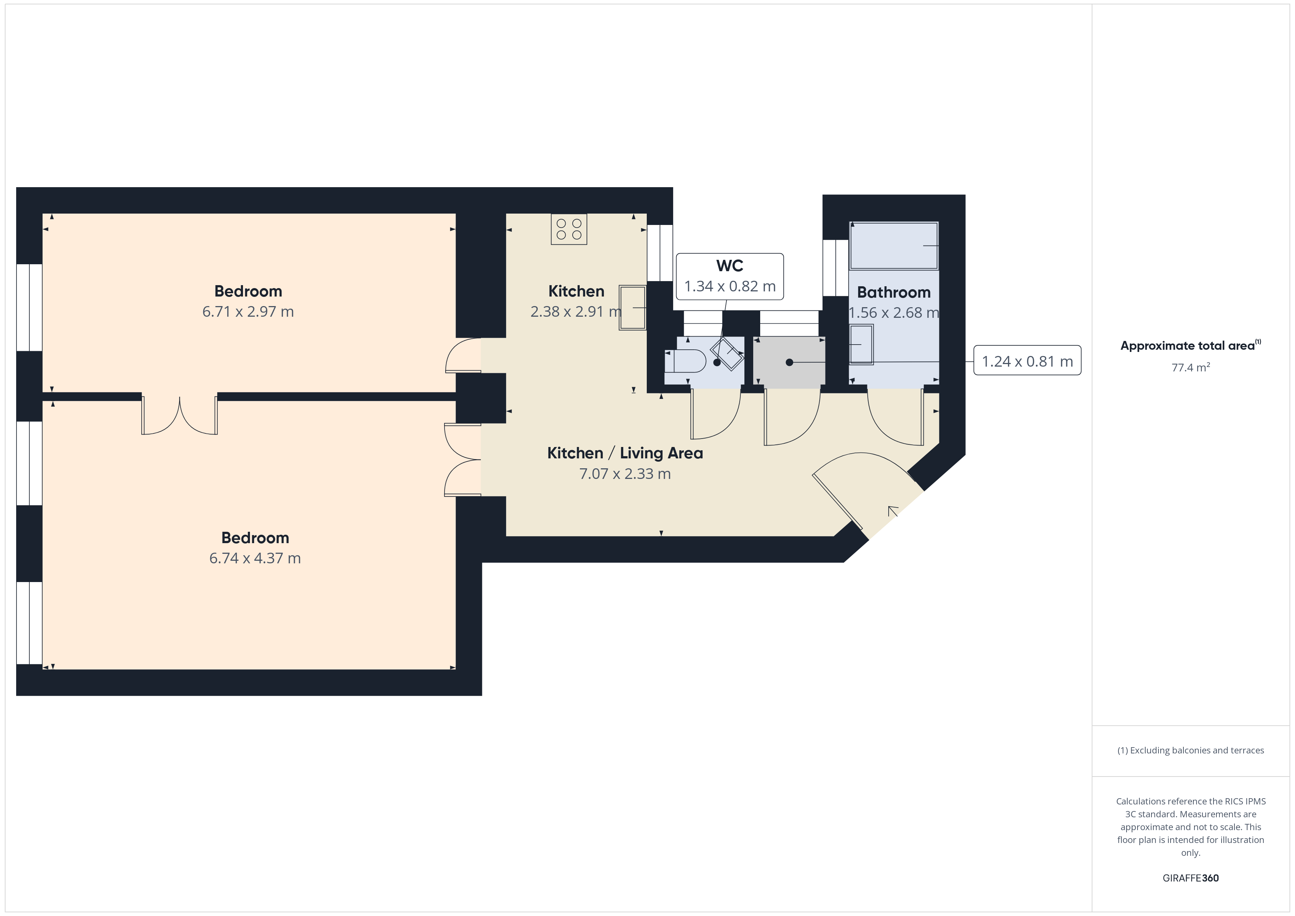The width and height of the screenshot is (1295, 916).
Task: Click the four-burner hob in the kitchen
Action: click(x=569, y=229)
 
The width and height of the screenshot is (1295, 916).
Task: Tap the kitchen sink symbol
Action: click(x=632, y=308)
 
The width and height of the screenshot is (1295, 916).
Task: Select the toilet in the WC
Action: click(x=685, y=361)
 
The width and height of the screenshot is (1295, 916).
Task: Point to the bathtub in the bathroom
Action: click(x=894, y=246)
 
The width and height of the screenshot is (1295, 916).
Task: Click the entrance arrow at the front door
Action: click(x=893, y=512)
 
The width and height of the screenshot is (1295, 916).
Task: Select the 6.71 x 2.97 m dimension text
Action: click(x=248, y=311)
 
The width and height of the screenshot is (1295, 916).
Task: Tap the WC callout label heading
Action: click(x=730, y=266)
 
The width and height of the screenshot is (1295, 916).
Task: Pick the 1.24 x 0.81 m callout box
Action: click(x=1027, y=360)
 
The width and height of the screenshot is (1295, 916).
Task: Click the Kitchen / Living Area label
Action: click(x=625, y=453)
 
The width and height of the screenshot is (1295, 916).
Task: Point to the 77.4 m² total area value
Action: click(x=1191, y=367)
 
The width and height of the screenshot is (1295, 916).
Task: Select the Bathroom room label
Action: click(x=894, y=292)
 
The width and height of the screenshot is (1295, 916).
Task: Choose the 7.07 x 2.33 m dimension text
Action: click(x=625, y=474)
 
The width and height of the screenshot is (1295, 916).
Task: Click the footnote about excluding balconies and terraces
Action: click(x=1191, y=750)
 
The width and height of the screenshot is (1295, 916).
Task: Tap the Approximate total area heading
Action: click(x=1191, y=345)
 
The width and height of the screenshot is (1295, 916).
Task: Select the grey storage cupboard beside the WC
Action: click(x=789, y=362)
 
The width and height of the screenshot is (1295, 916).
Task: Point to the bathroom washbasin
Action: click(x=861, y=345)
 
